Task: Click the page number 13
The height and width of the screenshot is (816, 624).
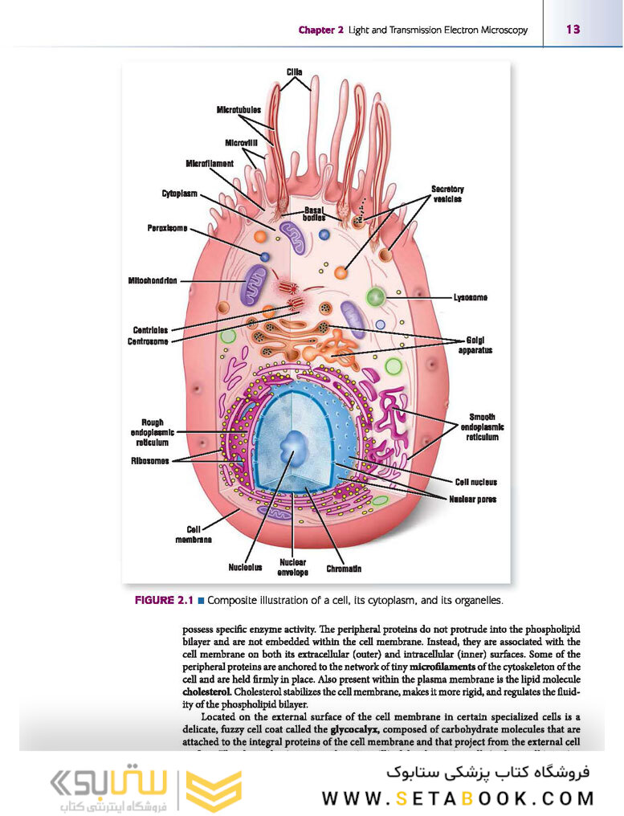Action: click(573, 30)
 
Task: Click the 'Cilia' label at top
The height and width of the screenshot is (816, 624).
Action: click(295, 72)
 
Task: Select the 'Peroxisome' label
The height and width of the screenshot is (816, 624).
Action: click(167, 228)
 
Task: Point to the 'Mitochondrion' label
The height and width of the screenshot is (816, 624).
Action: click(153, 280)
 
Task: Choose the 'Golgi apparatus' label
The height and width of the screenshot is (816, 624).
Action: click(475, 345)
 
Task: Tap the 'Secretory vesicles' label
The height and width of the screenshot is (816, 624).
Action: click(447, 194)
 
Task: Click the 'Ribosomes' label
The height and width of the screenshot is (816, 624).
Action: click(150, 461)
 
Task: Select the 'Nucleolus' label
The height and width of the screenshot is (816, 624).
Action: click(245, 568)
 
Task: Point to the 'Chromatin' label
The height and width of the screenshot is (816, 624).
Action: click(344, 569)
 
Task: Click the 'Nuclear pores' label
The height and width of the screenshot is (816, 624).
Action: click(472, 499)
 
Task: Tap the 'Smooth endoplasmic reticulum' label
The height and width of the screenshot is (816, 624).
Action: click(482, 427)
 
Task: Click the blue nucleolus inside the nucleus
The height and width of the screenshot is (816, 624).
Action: click(294, 443)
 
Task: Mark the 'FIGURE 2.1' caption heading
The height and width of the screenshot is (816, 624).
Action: click(164, 600)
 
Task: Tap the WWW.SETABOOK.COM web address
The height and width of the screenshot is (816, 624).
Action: click(459, 798)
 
